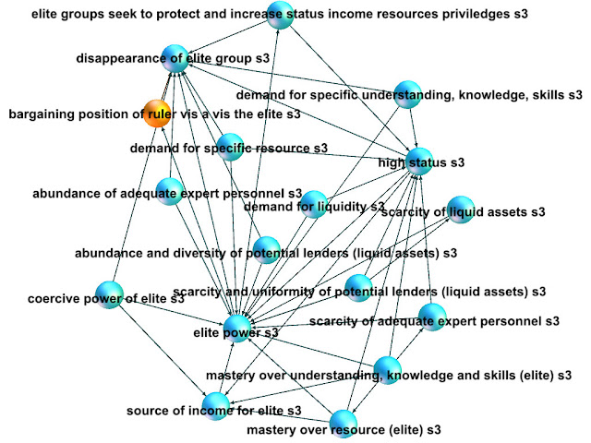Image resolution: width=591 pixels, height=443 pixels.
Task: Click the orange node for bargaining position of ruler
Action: [155, 114]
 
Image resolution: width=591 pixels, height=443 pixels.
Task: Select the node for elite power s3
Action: [235, 329]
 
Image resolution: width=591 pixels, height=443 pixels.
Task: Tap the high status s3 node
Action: [418, 162]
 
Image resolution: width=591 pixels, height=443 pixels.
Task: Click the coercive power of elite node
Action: [110, 296]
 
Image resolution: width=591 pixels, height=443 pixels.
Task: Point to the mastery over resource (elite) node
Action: [343, 423]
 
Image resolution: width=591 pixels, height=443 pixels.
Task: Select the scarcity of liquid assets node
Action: [461, 210]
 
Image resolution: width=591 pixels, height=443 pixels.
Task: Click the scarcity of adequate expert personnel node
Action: [431, 318]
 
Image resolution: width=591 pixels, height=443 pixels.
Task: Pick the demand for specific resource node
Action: [229, 146]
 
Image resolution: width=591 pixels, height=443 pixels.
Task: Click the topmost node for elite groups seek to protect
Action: [280, 16]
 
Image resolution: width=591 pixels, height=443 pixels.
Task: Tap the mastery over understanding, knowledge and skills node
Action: [388, 371]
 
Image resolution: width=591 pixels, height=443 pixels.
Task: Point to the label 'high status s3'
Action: [421, 163]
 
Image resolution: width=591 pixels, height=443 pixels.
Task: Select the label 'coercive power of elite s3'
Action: [106, 298]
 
